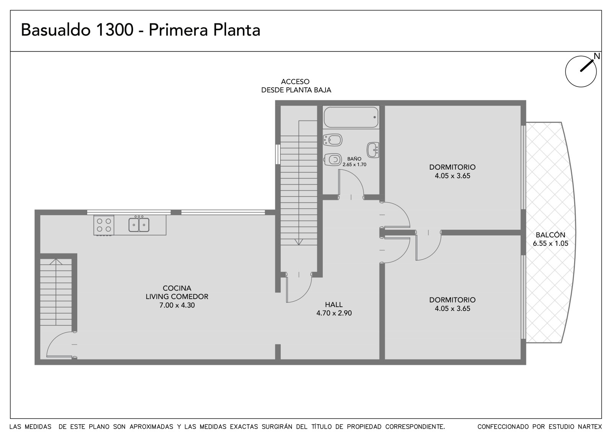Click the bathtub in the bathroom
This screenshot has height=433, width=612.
coord(351,117)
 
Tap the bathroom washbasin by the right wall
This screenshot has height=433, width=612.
coord(373,150)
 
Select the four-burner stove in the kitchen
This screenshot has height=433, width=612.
coord(104,225)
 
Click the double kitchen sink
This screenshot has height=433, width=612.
coord(139,225)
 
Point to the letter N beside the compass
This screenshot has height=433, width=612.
coord(597,56)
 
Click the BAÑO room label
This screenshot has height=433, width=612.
coord(354,158)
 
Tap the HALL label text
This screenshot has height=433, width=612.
coord(334,304)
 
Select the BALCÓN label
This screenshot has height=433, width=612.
coord(550,235)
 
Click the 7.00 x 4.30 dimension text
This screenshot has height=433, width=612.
coord(177,305)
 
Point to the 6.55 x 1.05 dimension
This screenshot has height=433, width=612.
coord(550,243)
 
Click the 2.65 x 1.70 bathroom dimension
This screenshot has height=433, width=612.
coord(354,164)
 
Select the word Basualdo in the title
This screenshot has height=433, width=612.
coord(55,30)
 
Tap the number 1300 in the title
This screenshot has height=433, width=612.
coord(114,30)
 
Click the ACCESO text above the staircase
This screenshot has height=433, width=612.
coord(295,82)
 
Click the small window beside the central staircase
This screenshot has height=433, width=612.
coord(278,154)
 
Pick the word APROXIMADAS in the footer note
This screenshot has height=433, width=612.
coord(151,426)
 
